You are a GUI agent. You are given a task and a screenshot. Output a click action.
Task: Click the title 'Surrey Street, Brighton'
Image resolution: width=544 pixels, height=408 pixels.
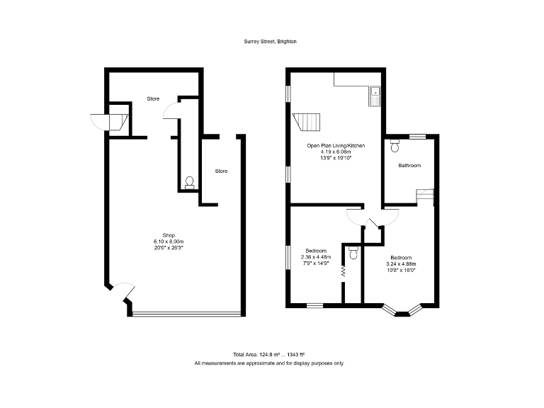tap(271, 42)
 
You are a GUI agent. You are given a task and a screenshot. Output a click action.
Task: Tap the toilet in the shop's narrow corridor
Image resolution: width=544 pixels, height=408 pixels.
tap(189, 183)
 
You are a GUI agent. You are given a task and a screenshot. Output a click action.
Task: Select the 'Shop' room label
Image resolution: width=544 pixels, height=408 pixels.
tap(169, 235)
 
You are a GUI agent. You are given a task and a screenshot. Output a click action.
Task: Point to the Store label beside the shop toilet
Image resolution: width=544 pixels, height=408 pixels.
tap(222, 171)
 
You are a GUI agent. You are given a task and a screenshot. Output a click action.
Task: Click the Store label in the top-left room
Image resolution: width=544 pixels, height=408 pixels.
tap(153, 98)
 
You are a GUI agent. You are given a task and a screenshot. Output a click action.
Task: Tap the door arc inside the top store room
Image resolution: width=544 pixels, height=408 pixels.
tap(169, 110)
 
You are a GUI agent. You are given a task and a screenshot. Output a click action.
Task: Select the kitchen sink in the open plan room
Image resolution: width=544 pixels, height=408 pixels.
tap(374, 96)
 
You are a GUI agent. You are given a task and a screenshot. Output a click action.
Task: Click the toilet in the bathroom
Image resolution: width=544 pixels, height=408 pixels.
tap(395, 147)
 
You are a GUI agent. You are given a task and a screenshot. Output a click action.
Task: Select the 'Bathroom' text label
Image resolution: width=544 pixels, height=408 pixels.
tap(409, 166)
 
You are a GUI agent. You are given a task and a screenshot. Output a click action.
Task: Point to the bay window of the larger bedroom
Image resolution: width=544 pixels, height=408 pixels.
tap(402, 310)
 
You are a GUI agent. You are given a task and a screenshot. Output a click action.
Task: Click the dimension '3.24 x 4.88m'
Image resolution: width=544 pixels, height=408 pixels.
tap(401, 263)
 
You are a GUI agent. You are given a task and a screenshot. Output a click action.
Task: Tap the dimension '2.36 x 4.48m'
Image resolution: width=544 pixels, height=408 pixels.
tap(316, 257)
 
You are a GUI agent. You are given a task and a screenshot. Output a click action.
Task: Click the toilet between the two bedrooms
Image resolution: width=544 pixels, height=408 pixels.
tap(353, 251)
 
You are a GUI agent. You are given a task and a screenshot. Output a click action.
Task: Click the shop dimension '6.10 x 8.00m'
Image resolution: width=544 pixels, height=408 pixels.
tap(169, 242)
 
